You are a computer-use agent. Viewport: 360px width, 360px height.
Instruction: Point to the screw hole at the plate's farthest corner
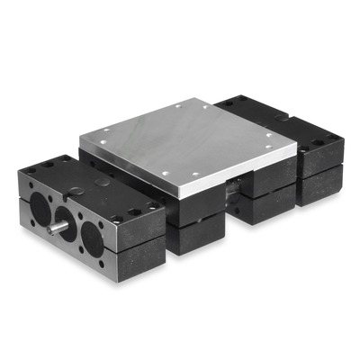(202, 106)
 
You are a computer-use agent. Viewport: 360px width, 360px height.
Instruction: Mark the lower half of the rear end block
(319, 184)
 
